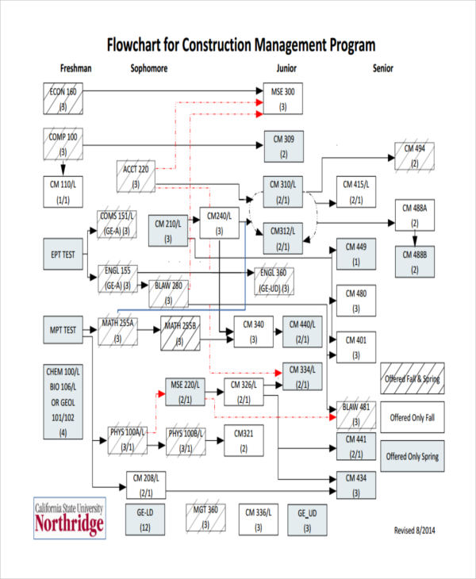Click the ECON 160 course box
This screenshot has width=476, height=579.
[63, 98]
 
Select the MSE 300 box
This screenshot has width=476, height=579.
[283, 98]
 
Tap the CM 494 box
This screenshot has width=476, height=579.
[414, 155]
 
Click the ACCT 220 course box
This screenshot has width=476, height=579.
[136, 177]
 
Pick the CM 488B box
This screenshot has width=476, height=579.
[414, 262]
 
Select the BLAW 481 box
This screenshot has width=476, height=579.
[355, 414]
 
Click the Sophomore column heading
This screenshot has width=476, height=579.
[149, 68]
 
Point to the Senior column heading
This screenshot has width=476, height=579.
[383, 68]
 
